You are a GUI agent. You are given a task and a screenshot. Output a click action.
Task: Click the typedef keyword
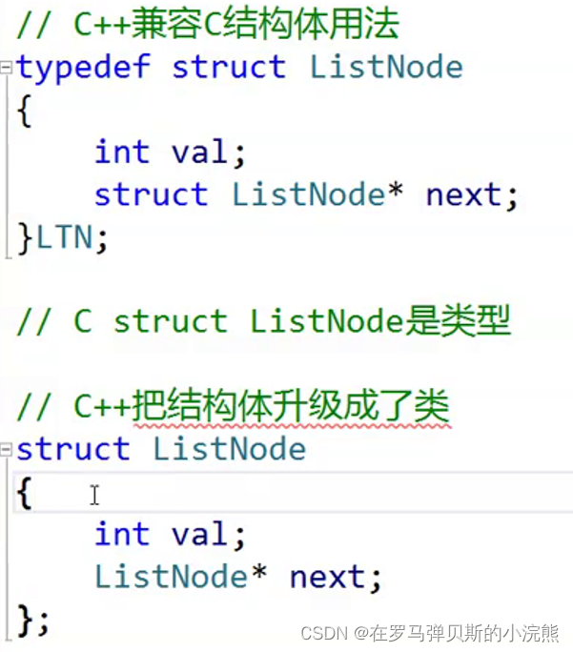tap(83, 68)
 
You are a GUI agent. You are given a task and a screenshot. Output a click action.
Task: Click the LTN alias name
tap(65, 237)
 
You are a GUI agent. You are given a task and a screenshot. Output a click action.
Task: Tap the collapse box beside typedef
tap(6, 67)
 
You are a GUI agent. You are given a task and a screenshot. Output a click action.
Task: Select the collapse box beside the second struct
tap(6, 449)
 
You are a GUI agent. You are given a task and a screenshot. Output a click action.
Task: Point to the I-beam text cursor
tap(94, 495)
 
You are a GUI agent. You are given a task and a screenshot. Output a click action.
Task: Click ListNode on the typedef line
tap(386, 67)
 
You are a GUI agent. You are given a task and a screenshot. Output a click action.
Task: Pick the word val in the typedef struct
tap(199, 152)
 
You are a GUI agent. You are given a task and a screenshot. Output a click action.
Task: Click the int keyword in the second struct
tap(122, 534)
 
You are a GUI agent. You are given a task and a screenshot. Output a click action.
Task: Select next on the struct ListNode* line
tap(464, 194)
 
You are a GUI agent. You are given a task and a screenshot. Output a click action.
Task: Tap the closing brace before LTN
tap(25, 238)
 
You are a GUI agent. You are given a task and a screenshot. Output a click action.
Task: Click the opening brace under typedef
tap(25, 111)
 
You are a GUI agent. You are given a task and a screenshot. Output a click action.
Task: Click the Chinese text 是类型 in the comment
tap(458, 321)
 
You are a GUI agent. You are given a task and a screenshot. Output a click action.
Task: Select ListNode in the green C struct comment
tap(327, 321)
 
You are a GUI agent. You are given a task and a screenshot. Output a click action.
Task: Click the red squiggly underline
tap(292, 426)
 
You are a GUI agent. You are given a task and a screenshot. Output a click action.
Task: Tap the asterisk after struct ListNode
tap(395, 190)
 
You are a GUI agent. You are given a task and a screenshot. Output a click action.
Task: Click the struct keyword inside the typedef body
tap(152, 194)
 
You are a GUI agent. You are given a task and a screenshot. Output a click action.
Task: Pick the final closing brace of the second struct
tap(25, 621)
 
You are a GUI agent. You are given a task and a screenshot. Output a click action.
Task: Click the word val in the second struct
tap(199, 534)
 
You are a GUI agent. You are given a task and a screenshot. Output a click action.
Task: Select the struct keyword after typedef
tap(229, 67)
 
